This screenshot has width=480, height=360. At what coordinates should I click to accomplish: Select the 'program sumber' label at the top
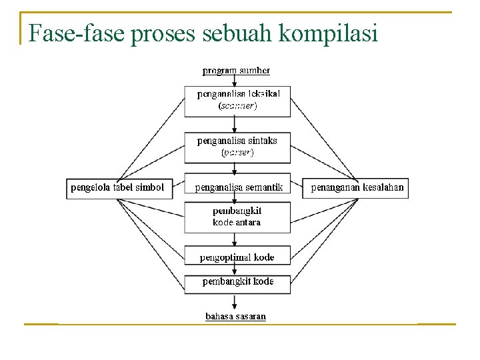click(237, 69)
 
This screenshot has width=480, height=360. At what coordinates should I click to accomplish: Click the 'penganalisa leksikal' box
click(237, 99)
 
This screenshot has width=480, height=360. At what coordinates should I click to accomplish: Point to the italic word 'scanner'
click(237, 105)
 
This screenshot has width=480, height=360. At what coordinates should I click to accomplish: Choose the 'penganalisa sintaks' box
click(237, 146)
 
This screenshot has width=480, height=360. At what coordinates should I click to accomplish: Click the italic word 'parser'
click(237, 152)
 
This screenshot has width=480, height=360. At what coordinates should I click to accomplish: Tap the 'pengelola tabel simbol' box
click(117, 187)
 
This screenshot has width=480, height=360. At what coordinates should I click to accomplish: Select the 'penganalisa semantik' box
click(239, 187)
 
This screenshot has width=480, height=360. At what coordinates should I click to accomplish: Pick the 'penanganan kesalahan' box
click(357, 187)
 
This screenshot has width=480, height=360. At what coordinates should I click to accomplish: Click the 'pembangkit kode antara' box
click(237, 217)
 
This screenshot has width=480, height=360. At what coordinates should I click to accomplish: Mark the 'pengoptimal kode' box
click(237, 257)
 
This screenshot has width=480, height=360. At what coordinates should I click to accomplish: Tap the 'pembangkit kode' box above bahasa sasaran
click(237, 281)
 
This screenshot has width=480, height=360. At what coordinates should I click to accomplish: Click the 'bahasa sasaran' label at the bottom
click(235, 316)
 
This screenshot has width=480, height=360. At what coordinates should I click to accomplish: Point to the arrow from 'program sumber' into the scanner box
click(234, 79)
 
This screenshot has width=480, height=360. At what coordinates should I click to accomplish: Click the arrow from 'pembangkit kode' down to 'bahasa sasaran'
click(234, 302)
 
